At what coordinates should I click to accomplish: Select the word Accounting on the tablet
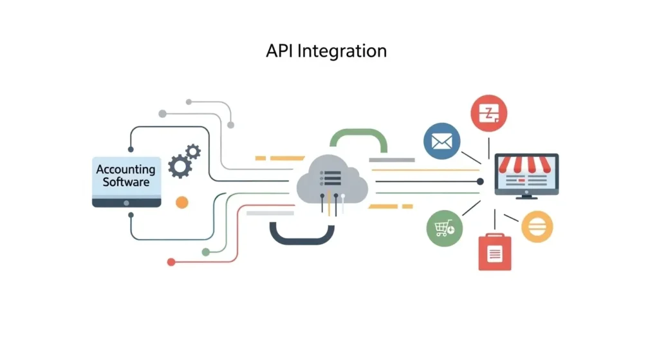125,169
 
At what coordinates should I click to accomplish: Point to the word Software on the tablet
125,182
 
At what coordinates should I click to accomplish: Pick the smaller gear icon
192,152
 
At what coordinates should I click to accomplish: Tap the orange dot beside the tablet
181,202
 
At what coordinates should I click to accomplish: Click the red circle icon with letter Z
488,113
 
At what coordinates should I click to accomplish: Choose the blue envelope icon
441,142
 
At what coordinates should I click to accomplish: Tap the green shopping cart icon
444,228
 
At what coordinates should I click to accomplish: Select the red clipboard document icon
494,252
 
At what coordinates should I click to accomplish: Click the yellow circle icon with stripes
536,226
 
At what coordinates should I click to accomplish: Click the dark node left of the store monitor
480,182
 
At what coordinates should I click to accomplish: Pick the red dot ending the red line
171,262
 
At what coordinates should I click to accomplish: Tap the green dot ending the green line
205,252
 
